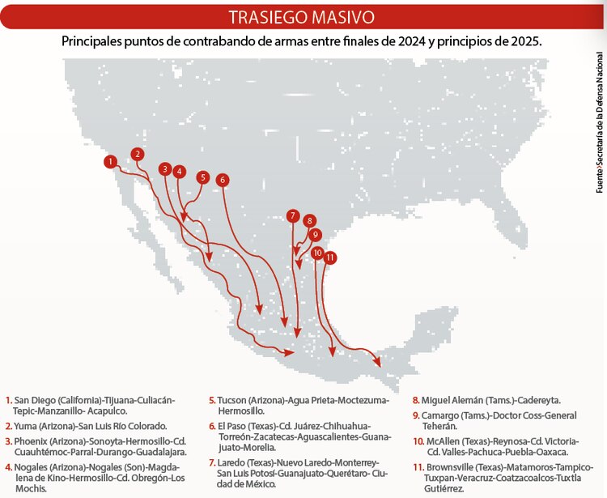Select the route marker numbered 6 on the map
[223, 180]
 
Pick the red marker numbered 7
[292, 215]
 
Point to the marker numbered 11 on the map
[329, 257]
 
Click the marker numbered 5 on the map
[202, 177]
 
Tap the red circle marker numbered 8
[308, 220]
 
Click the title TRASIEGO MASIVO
[301, 17]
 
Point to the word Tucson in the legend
[233, 401]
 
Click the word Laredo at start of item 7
[234, 462]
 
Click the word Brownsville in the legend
[451, 466]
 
